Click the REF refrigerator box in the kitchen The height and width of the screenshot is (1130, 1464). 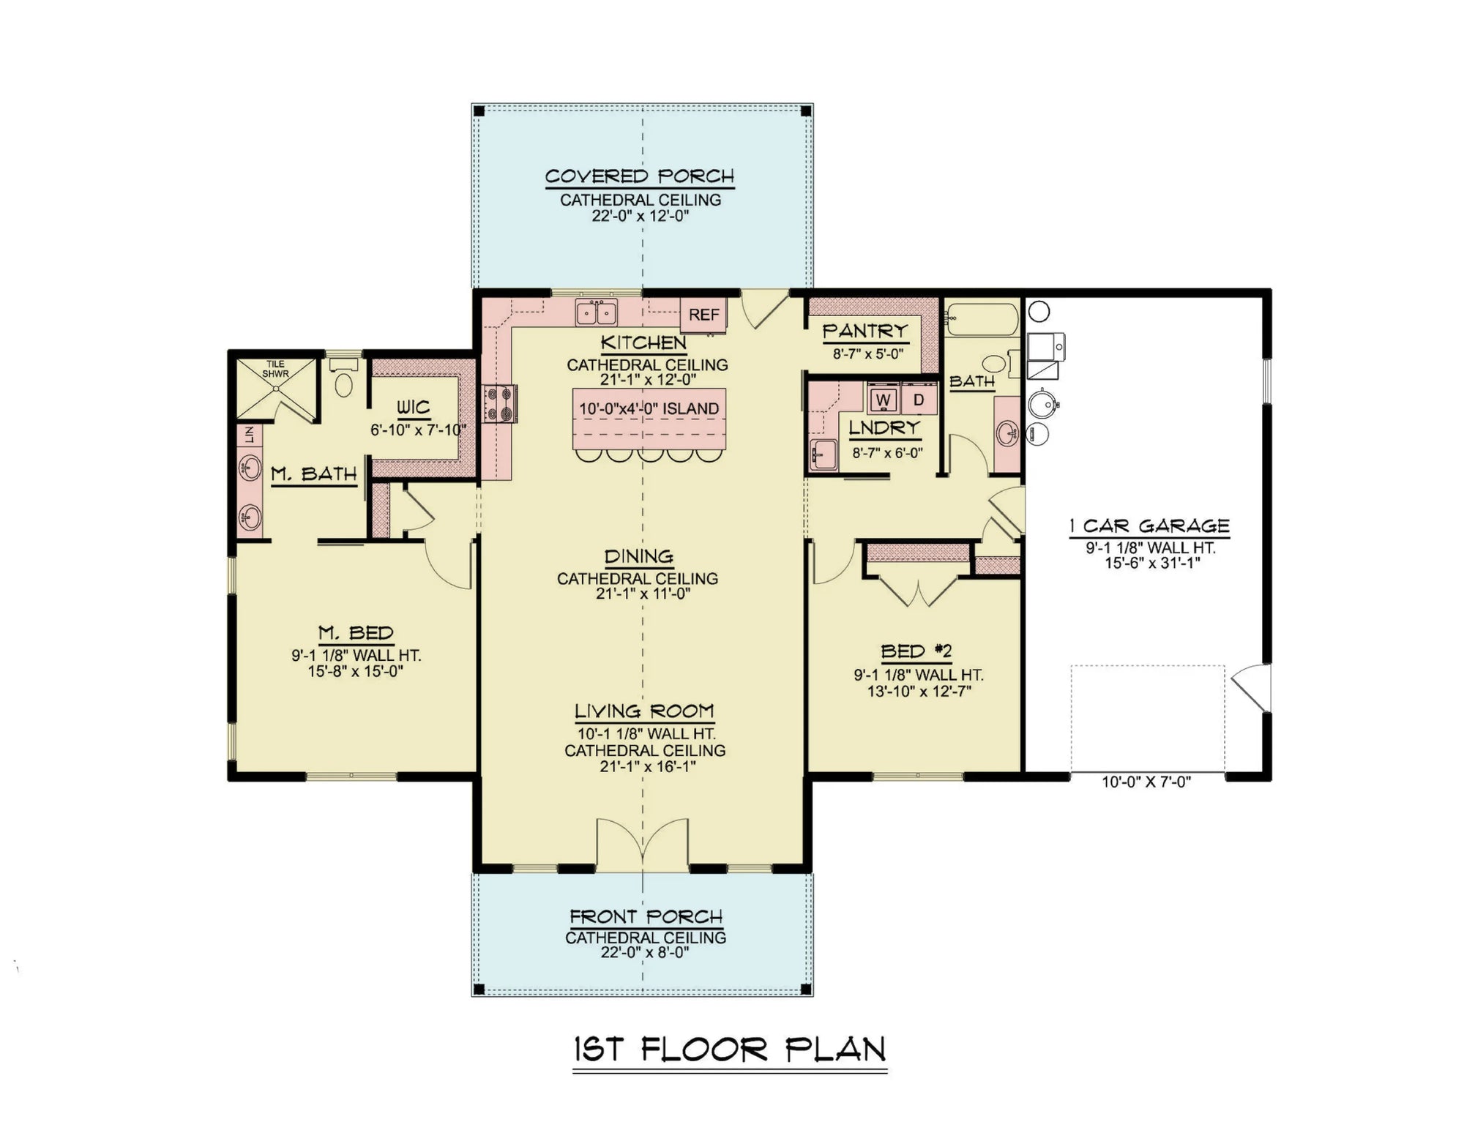point(703,315)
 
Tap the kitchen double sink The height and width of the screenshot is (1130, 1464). point(596,313)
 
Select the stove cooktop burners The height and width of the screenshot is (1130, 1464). point(500,404)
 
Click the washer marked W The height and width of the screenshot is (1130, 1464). point(884,400)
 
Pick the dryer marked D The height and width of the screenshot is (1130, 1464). point(919,400)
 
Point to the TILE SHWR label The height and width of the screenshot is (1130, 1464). point(275,369)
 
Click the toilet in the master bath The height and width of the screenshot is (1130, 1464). point(343,381)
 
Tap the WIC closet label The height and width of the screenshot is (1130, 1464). point(414,408)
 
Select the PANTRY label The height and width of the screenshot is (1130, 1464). point(865,331)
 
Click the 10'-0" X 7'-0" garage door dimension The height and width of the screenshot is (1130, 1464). point(1146,782)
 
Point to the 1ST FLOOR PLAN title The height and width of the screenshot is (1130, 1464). point(729,1049)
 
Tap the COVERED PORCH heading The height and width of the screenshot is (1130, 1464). point(639,176)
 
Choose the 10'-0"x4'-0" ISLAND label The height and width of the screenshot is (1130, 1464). point(649,409)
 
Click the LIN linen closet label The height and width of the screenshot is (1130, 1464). point(250,435)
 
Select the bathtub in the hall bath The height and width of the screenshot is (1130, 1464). point(981,320)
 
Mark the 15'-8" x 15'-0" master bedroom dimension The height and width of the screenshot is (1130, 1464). point(355,671)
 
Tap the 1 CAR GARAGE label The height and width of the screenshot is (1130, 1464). point(1149,525)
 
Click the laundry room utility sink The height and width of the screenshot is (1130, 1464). point(823,454)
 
